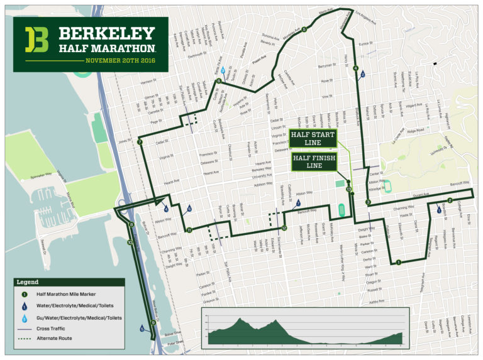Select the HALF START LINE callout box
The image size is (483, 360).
(x=313, y=139)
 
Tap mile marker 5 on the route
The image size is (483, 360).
(x=304, y=29)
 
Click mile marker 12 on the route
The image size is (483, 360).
(x=284, y=227)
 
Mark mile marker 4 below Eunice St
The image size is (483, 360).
(x=356, y=68)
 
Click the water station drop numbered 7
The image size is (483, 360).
(x=299, y=202)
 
